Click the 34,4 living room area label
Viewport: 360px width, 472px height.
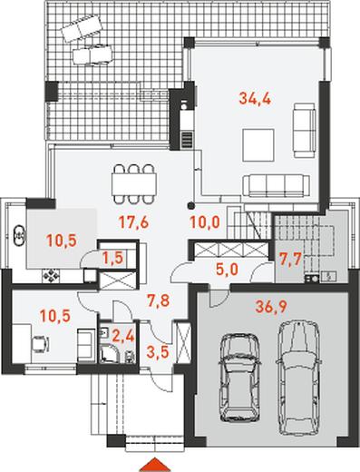255,98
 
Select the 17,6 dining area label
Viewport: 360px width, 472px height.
133,223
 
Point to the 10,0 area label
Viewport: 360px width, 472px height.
205,223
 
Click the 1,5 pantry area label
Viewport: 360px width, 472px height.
112,258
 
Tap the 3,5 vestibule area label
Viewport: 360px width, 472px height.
157,352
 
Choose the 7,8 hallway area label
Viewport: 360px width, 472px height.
157,301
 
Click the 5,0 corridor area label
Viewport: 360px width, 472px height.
227,270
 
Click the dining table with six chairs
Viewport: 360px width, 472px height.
134,183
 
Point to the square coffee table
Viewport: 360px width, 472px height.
258,145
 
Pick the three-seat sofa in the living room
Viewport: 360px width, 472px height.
277,185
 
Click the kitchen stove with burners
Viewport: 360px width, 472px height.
51,275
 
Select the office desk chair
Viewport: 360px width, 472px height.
41,344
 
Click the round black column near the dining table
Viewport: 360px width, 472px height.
190,206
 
